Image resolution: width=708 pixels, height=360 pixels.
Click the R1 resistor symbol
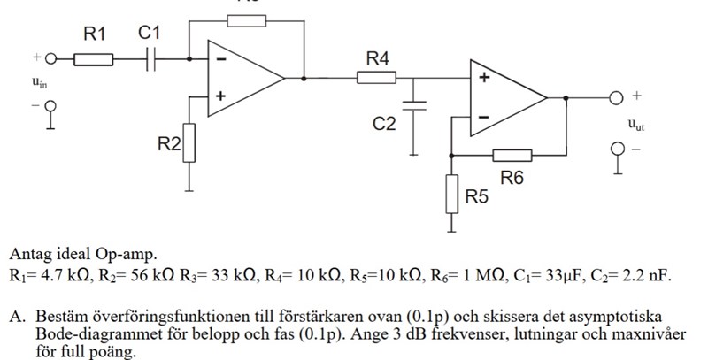[x=93, y=59]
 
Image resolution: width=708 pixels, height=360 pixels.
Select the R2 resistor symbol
[x=189, y=143]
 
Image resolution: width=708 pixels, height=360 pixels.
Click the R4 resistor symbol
[x=376, y=78]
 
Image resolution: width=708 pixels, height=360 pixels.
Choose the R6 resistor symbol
[x=512, y=156]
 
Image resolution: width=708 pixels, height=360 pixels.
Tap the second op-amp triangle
[x=504, y=97]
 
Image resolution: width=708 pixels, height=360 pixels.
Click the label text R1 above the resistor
[x=94, y=34]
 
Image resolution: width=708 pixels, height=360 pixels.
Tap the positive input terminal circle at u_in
[x=50, y=59]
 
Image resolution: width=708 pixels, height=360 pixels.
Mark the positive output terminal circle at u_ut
[x=614, y=97]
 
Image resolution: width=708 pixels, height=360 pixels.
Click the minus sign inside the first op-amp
[x=219, y=60]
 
